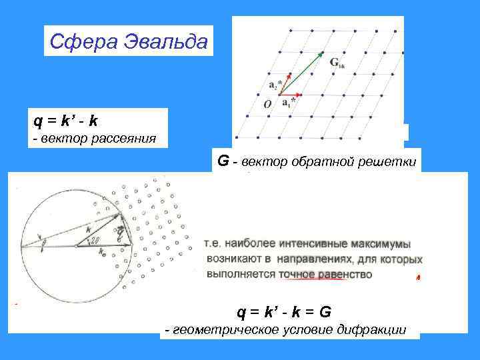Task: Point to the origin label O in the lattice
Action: [x=267, y=104]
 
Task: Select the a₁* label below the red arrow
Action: [x=288, y=103]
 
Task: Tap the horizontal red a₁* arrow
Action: [x=289, y=95]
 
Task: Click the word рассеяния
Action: [x=127, y=139]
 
